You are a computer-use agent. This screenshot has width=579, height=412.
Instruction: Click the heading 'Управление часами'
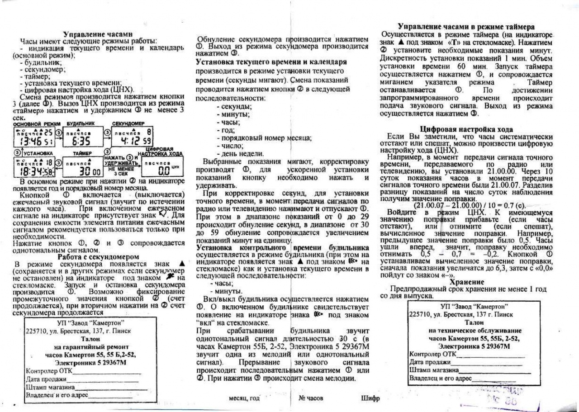98,34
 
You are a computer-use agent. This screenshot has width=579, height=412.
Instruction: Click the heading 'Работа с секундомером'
98,257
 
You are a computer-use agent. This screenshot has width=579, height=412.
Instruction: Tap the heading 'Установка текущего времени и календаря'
271,62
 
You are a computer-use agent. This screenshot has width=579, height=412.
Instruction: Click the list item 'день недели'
240,154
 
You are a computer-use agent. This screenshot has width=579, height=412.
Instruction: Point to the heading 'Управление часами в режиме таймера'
466,27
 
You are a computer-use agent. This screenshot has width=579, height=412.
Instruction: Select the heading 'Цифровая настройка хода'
466,129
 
